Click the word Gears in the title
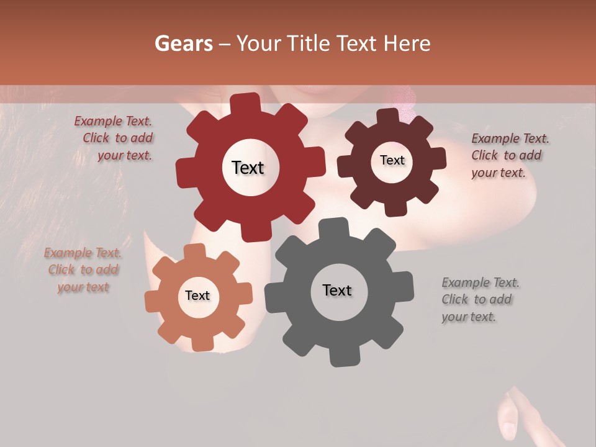pos(183,43)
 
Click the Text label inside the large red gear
pos(248,168)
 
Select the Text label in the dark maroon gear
pos(392,160)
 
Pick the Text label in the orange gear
pos(197,296)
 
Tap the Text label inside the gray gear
pos(337,290)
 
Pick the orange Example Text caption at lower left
pos(83,270)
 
